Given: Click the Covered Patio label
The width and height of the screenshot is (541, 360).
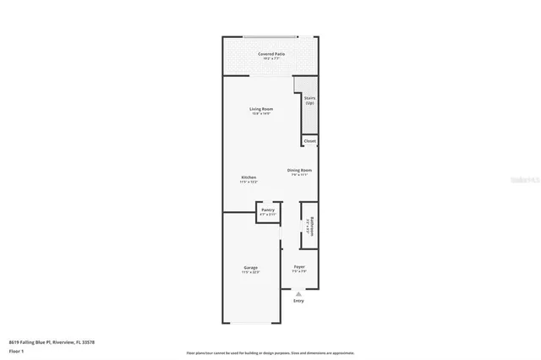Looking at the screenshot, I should [x=271, y=53].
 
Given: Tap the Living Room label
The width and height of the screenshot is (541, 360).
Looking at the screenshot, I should [x=260, y=109].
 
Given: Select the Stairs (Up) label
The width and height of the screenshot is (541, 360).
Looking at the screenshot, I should [x=309, y=100].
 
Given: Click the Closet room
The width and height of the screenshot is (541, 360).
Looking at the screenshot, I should [x=310, y=141].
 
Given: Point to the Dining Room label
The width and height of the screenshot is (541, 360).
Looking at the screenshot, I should [x=299, y=170].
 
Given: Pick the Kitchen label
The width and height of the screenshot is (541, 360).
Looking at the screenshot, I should [x=249, y=177].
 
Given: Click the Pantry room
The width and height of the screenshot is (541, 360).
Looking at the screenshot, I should [x=267, y=211].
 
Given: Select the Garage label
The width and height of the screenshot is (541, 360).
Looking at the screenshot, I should [x=250, y=268].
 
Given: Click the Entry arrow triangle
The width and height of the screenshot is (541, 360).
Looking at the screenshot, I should [x=298, y=293].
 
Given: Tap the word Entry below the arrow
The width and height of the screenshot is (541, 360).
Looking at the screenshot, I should [x=298, y=301].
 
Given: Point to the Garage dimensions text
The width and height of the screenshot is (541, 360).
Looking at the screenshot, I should [x=250, y=273].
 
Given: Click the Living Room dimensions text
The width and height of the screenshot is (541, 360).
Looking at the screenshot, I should [x=260, y=114].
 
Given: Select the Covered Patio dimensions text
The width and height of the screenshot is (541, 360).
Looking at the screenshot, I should [x=271, y=59].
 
